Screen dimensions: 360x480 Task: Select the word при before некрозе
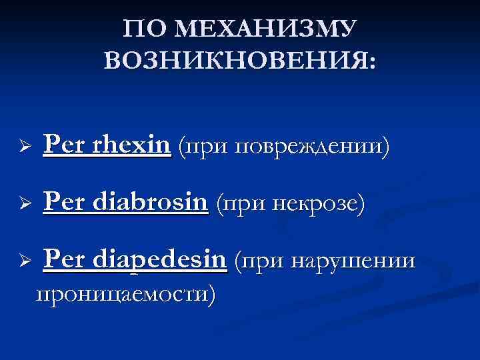241,204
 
